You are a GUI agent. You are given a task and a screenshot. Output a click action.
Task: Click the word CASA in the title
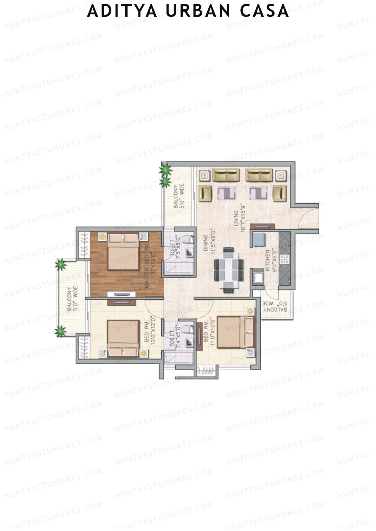pos(264,11)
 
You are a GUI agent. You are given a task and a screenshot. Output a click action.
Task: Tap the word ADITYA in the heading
pos(122,11)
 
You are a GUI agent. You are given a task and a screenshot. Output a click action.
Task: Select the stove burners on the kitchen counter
pos(286,259)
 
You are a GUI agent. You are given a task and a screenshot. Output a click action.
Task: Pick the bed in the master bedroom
pos(123,252)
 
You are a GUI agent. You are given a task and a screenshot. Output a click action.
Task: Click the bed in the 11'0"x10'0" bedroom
pos(235,332)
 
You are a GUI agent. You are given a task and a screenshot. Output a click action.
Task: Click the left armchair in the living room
pos(205,193)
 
